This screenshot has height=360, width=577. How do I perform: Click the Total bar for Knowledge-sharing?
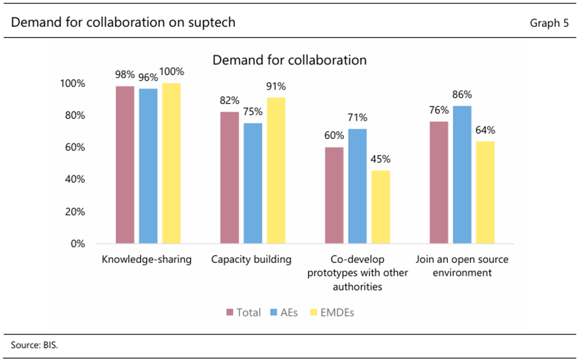tap(125, 165)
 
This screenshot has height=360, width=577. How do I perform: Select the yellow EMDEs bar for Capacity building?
tap(276, 170)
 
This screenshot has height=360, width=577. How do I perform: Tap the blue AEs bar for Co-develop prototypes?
tap(358, 186)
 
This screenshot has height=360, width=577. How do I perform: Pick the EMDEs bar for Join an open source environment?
tap(485, 192)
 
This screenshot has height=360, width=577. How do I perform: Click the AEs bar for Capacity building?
tap(252, 183)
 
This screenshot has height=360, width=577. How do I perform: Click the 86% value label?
tap(462, 95)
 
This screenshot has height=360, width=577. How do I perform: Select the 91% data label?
tap(276, 86)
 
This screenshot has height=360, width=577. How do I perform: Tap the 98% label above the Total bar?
tap(125, 75)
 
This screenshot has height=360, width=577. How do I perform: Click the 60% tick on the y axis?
tap(75, 148)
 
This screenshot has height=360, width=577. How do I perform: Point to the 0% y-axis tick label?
tap(77, 244)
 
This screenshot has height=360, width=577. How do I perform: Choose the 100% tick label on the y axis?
tap(72, 84)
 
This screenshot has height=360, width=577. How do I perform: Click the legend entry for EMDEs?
tap(332, 312)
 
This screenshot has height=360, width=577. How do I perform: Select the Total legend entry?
tap(244, 312)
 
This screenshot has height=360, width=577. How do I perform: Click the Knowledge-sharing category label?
tap(147, 259)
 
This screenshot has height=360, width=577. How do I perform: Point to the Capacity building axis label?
tap(251, 259)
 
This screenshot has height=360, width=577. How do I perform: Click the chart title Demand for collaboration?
tap(289, 60)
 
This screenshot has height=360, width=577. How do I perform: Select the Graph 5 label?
tap(549, 23)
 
